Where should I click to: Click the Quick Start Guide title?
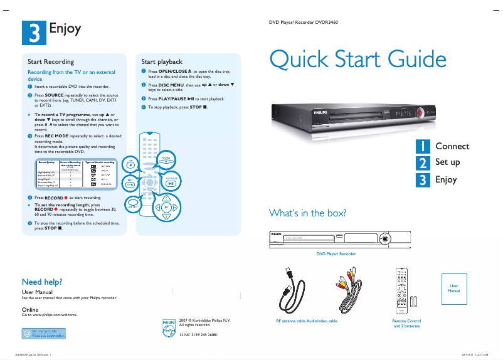[x=357, y=60]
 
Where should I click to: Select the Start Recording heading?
[x=51, y=62]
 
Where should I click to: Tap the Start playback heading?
[x=162, y=62]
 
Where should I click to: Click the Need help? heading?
[x=42, y=282]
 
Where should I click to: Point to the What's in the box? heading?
[x=307, y=213]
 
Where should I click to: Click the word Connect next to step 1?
[x=452, y=146]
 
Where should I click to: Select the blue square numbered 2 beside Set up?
[x=424, y=162]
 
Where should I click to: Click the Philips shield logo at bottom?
[x=169, y=327]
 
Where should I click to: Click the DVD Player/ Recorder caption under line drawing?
[x=335, y=254]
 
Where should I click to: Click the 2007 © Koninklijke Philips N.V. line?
[x=204, y=320]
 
